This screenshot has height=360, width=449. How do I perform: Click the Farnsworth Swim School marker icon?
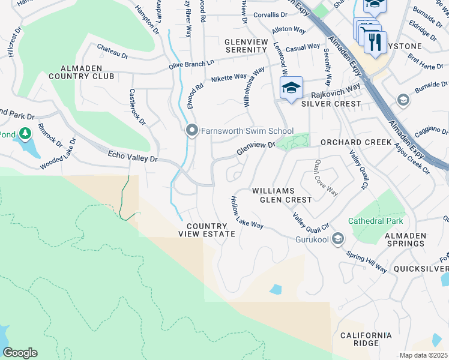click(192, 130)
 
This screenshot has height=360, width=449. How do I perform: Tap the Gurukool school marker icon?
click(338, 239)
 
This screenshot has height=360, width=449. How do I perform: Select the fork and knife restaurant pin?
click(375, 43)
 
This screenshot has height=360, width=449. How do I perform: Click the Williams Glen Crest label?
click(282, 194)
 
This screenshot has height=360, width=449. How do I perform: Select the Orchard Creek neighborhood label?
click(356, 143)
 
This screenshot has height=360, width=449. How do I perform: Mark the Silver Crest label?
click(331, 104)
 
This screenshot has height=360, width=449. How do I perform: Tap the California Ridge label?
click(366, 339)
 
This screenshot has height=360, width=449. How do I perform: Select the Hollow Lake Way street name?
click(247, 212)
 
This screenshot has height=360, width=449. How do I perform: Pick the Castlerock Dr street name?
click(137, 107)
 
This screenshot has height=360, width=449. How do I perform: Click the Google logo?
click(20, 353)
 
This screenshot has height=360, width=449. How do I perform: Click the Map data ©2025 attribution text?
click(423, 355)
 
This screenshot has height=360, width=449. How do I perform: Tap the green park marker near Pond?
click(25, 133)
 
